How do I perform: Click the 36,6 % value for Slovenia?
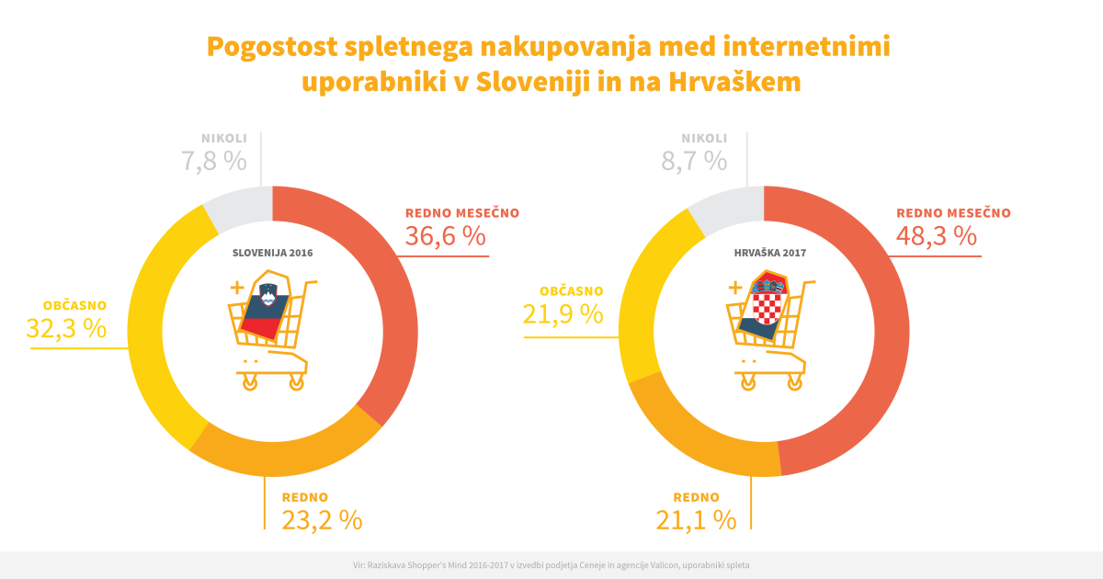point(445,236)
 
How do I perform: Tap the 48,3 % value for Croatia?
point(936,236)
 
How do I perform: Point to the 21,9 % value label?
point(563,314)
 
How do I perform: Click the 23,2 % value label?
point(322,520)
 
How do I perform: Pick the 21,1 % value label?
point(696,520)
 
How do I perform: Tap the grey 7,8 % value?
point(214,161)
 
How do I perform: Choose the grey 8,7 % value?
point(694,161)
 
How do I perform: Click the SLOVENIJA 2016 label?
point(273,252)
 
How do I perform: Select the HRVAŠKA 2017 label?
point(765,252)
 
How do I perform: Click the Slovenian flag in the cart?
point(265,305)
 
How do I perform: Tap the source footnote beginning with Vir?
point(551,565)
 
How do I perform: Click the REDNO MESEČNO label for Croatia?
point(953,212)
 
